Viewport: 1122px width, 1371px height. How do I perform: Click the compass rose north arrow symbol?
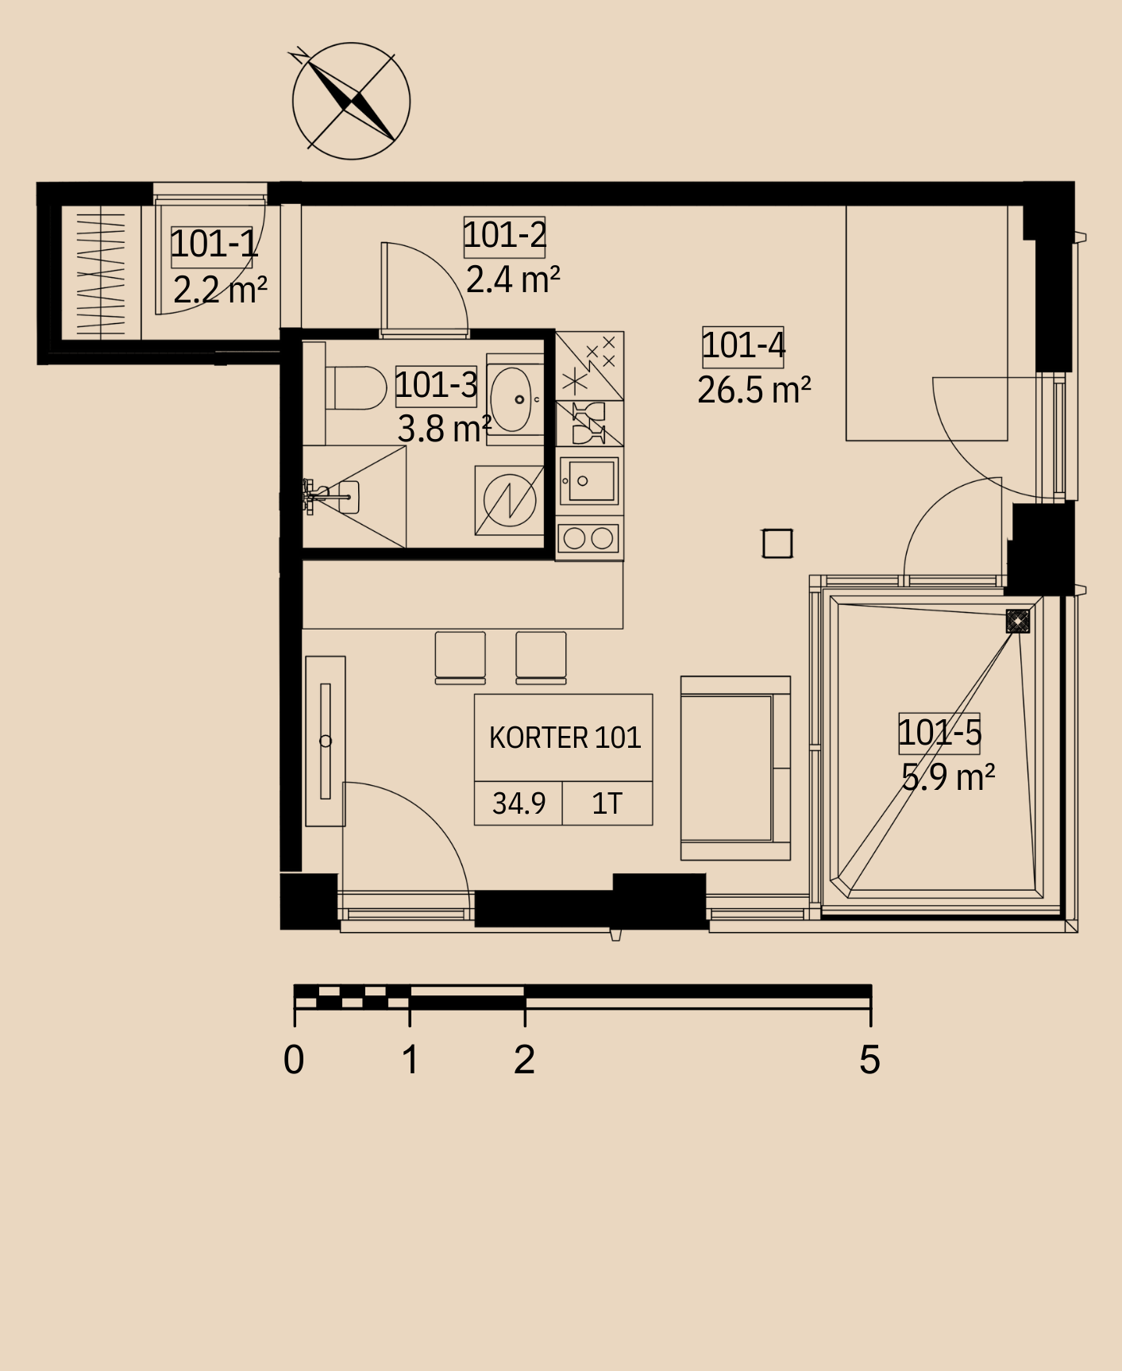pyautogui.click(x=351, y=101)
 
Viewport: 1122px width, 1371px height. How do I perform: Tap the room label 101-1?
pyautogui.click(x=214, y=244)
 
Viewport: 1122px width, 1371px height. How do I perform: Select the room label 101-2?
pyautogui.click(x=504, y=235)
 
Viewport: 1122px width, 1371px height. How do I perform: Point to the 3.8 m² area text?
pyautogui.click(x=444, y=429)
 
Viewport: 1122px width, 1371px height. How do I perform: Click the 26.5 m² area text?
pyautogui.click(x=754, y=390)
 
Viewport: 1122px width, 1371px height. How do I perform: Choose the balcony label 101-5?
pyautogui.click(x=939, y=732)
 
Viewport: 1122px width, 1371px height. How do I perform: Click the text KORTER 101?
pyautogui.click(x=565, y=738)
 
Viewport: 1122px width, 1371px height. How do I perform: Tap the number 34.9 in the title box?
pyautogui.click(x=519, y=803)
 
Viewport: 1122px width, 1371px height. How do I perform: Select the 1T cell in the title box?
pyautogui.click(x=607, y=803)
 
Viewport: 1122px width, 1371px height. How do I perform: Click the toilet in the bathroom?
pyautogui.click(x=355, y=387)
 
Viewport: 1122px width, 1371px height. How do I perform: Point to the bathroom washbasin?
pyautogui.click(x=513, y=399)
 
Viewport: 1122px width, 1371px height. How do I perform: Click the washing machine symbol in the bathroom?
pyautogui.click(x=509, y=500)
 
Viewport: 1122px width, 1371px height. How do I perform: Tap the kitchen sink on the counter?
pyautogui.click(x=589, y=481)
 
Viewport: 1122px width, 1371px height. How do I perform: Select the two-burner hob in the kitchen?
pyautogui.click(x=588, y=538)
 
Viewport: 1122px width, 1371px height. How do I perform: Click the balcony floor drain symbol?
pyautogui.click(x=1017, y=621)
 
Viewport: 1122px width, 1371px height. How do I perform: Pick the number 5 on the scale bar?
pyautogui.click(x=869, y=1060)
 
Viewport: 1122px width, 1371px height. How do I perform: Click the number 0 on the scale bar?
pyautogui.click(x=294, y=1060)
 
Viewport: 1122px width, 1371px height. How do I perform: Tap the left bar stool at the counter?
pyautogui.click(x=461, y=657)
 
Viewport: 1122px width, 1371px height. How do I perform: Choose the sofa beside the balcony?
pyautogui.click(x=735, y=768)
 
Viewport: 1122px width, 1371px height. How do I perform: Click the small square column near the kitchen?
pyautogui.click(x=777, y=544)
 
